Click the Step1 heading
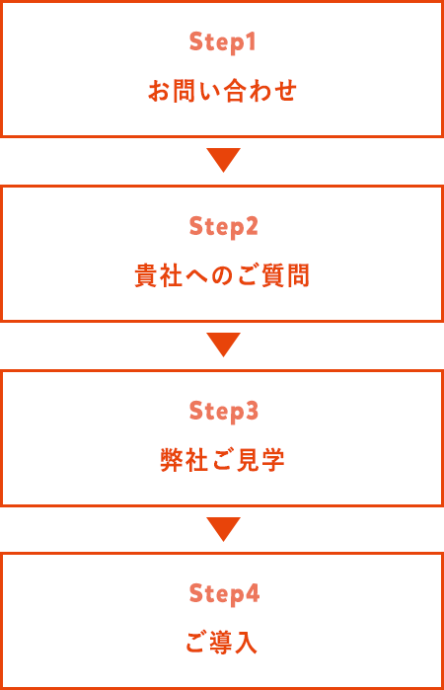click(x=222, y=42)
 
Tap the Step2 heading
click(x=223, y=227)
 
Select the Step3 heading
click(x=223, y=412)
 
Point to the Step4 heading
click(x=224, y=594)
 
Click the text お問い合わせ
click(x=222, y=91)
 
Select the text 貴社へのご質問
click(x=222, y=275)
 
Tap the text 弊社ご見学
click(x=222, y=460)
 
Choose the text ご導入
click(x=221, y=643)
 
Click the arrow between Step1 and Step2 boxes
click(x=223, y=160)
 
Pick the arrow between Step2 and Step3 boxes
click(x=223, y=345)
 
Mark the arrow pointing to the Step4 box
click(x=223, y=528)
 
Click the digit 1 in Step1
click(x=251, y=41)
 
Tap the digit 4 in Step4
click(x=253, y=593)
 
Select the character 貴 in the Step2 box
click(x=146, y=275)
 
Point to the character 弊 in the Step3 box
click(x=172, y=460)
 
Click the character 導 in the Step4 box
click(x=221, y=643)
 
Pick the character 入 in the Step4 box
click(x=246, y=643)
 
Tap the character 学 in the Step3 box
click(x=273, y=460)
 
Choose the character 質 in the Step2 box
click(x=273, y=275)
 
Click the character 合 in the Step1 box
click(x=234, y=91)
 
